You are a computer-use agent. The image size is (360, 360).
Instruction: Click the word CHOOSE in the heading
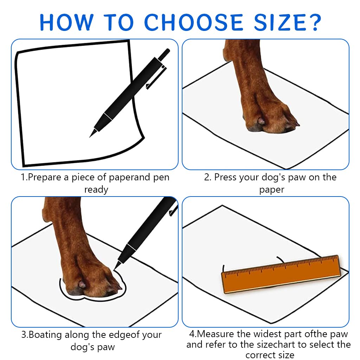(x=193, y=22)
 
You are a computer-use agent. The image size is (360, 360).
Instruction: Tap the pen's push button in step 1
(x=164, y=54)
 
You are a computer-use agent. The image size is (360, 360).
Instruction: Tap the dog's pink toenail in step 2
(x=261, y=121)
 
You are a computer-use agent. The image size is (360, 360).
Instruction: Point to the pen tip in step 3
(x=115, y=269)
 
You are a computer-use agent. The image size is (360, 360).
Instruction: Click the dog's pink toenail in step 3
(x=82, y=285)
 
